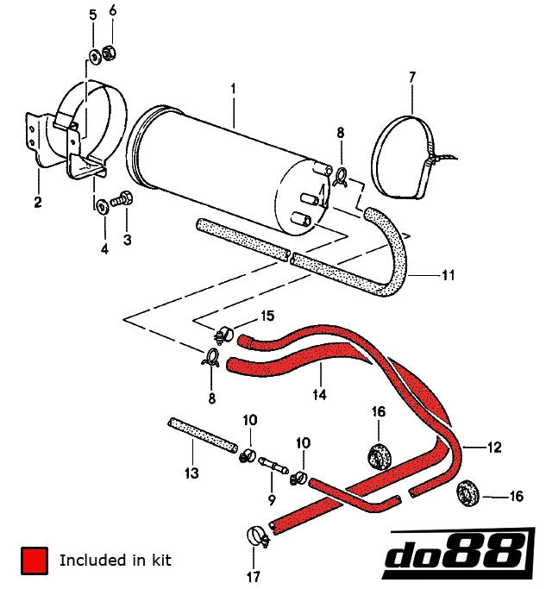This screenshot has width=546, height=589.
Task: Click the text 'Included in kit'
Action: coord(116,561)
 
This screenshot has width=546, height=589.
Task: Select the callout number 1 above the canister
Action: coord(232,89)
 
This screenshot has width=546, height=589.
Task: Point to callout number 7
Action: coord(411,78)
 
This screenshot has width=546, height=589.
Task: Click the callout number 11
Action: coord(448,276)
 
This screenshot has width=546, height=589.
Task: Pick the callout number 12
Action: coord(493,448)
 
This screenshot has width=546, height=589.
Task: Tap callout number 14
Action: coord(320,396)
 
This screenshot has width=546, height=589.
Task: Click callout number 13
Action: coord(191,473)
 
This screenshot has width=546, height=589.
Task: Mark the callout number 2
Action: coord(38,204)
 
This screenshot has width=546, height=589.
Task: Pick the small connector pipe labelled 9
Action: coord(273,466)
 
